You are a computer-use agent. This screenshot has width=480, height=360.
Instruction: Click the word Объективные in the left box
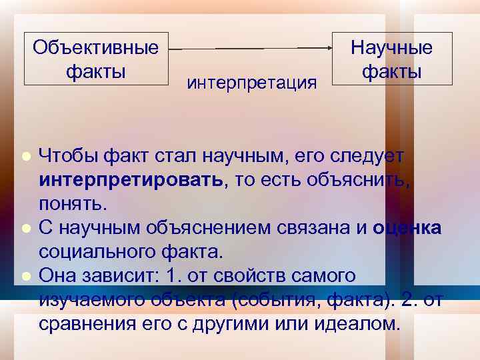96,47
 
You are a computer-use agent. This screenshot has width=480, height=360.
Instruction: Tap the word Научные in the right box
391,47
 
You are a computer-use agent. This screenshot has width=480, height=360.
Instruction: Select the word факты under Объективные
96,70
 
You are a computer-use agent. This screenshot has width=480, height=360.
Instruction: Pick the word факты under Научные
391,70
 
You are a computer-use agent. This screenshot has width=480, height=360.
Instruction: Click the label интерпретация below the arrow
252,83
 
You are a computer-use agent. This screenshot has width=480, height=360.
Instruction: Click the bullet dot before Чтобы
25,156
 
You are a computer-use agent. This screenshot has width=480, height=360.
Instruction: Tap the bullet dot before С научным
25,228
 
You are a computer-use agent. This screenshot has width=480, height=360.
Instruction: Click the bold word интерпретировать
131,180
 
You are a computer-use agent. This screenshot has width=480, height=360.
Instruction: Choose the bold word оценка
407,228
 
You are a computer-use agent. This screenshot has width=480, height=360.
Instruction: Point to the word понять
72,203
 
